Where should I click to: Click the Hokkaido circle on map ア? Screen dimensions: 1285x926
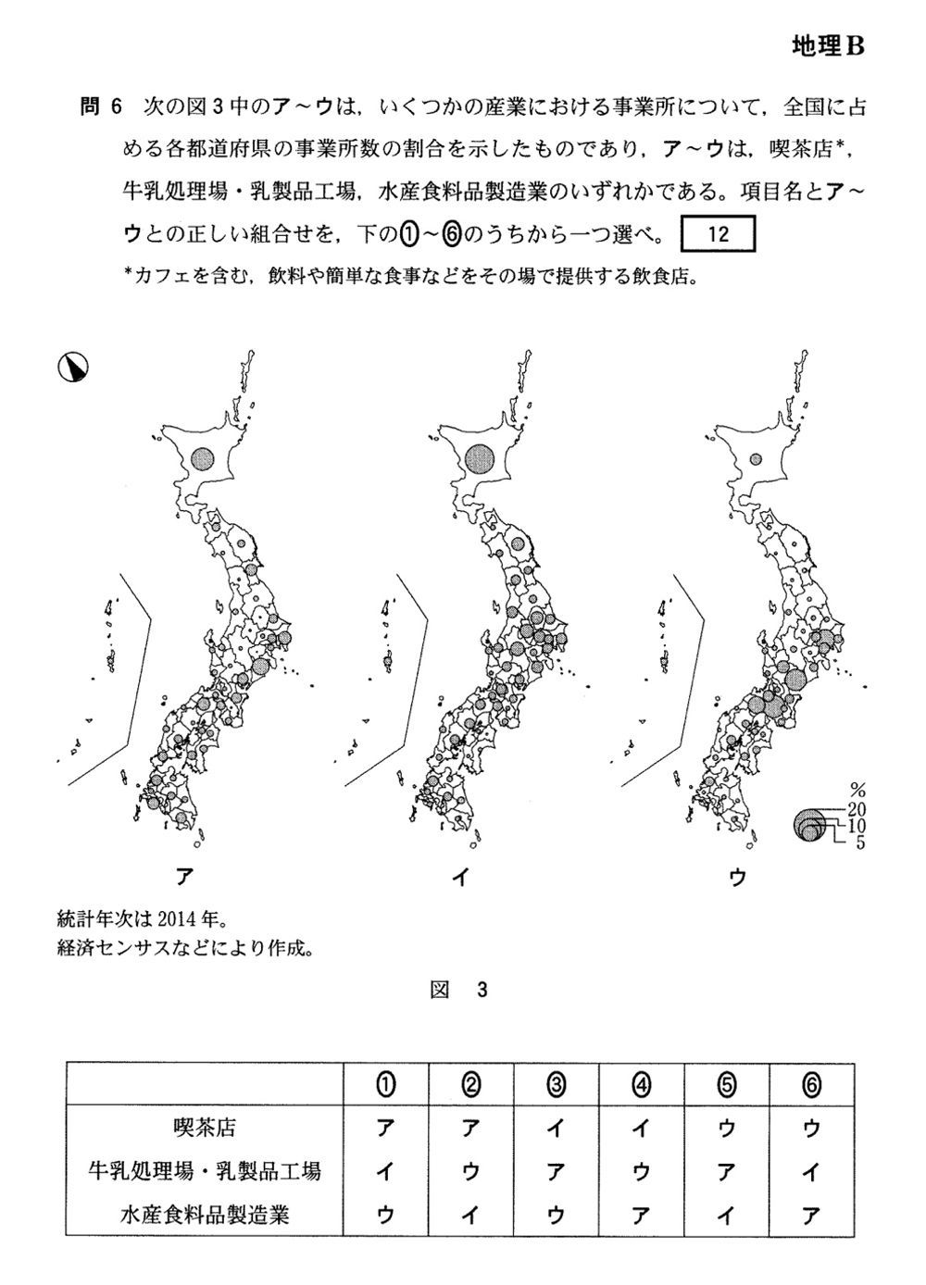[x=202, y=458]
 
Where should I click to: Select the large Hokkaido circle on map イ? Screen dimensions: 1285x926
[x=480, y=457]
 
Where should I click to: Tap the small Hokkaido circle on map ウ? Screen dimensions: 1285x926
[x=756, y=459]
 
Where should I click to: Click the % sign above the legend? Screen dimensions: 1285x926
[x=857, y=790]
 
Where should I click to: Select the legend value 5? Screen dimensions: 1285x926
[x=860, y=842]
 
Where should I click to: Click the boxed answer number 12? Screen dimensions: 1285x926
[x=719, y=234]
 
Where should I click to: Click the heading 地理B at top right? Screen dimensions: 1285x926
[x=827, y=46]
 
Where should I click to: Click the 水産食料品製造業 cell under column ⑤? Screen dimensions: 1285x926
[x=726, y=1214]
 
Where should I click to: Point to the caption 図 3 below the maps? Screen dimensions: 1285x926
[x=459, y=990]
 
